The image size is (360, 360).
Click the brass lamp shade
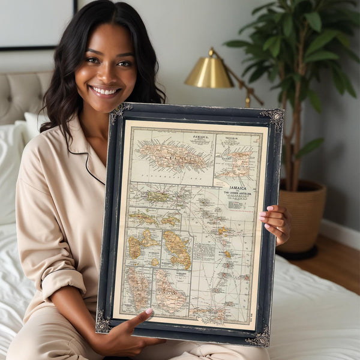tap(209, 72)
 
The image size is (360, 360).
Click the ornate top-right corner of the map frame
tap(275, 117)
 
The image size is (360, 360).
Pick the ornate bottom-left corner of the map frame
tap(103, 323)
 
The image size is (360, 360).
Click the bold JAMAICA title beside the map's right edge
tap(238, 188)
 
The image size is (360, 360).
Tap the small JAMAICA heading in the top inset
tap(200, 137)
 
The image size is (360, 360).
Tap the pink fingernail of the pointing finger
tap(149, 311)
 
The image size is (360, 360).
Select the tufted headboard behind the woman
tap(24, 96)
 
